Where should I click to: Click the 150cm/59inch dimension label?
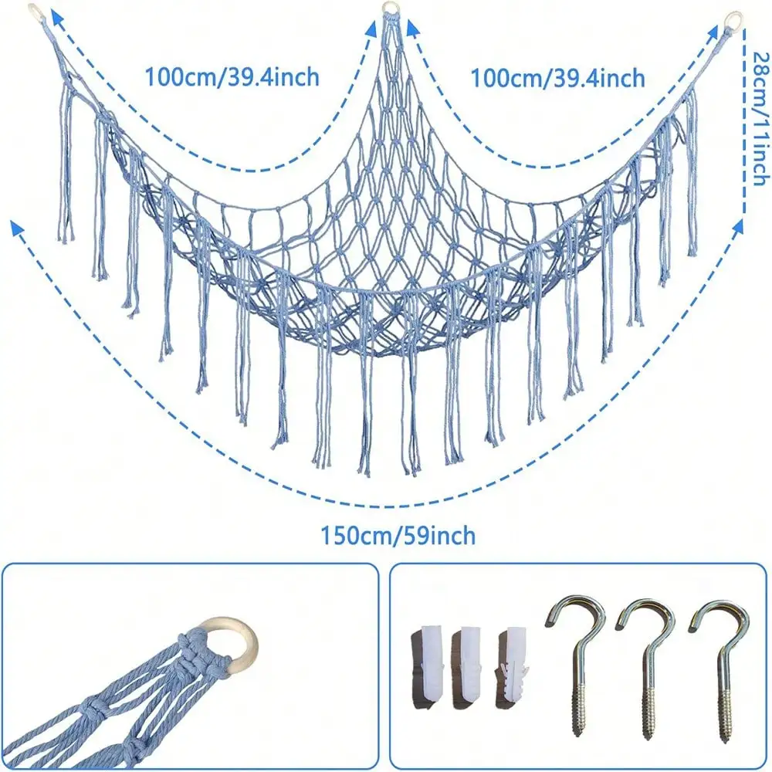pos(398,536)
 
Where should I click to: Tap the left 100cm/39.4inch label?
pos(232,77)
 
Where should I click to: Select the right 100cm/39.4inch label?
pos(558,78)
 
